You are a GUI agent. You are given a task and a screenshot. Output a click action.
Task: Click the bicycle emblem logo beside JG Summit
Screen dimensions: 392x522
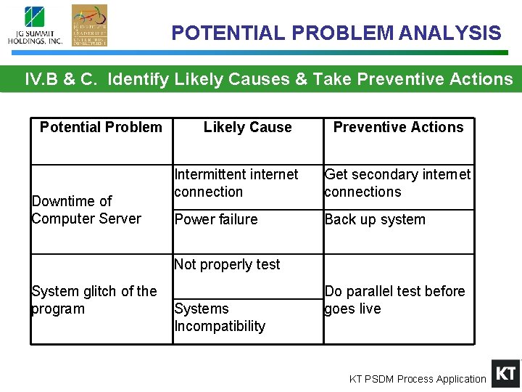pos(89,25)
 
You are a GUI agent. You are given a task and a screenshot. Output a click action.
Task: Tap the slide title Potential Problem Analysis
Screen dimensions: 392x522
pos(336,33)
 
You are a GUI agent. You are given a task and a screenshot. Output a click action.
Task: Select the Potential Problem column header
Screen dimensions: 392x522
pos(101,128)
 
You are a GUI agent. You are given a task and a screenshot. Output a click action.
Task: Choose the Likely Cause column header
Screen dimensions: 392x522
pos(247,128)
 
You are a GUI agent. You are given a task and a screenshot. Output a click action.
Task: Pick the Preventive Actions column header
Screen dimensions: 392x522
pos(398,128)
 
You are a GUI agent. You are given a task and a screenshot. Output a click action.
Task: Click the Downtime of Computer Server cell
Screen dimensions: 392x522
pos(86,210)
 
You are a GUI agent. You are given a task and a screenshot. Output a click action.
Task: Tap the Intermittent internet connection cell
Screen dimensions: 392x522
pos(236,183)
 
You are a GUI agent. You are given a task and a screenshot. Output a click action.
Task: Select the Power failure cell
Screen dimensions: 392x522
pos(216,219)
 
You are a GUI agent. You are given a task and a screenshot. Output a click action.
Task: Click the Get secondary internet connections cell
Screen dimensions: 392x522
pos(397,183)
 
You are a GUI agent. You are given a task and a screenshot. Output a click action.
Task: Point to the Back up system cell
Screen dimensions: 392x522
pos(375,219)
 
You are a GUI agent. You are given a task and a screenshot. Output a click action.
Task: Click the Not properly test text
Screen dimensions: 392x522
pos(227,265)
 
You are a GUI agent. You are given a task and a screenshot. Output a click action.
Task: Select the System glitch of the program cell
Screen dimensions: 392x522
pos(94,300)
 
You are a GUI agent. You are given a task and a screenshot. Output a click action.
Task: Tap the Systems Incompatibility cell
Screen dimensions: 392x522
pos(220,317)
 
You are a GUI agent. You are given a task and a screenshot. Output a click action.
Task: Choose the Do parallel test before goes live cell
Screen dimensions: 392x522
pos(395,300)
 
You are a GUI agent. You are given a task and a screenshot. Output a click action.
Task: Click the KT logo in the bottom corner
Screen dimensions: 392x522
pos(505,373)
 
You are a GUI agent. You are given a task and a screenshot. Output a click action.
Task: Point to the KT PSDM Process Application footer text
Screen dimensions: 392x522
pos(418,379)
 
